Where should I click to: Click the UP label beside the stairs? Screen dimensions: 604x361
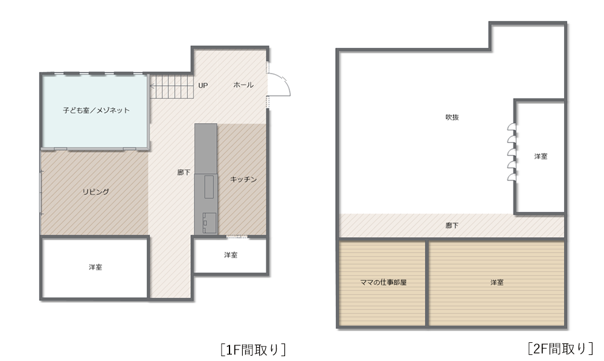point(203,86)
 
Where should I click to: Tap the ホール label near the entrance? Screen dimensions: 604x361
point(243,85)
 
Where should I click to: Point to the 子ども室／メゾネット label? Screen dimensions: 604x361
point(96,110)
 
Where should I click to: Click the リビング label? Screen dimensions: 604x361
point(96,191)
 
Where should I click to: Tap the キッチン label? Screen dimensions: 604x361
point(243,179)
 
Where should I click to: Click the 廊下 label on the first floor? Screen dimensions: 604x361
point(184,173)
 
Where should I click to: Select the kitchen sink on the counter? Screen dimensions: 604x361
point(209,187)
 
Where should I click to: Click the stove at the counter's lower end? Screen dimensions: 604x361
point(210,223)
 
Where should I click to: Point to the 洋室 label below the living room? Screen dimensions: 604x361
point(95,267)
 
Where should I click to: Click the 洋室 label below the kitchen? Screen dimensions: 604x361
point(231,255)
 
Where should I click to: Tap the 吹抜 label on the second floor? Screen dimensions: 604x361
point(452,117)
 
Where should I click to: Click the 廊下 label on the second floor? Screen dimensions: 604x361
point(452,226)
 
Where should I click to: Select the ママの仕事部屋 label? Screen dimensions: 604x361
point(384,283)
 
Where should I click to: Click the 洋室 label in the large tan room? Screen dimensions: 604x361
point(497,283)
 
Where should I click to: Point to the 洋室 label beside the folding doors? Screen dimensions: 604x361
point(541,156)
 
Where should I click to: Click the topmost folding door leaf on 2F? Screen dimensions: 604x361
point(512,127)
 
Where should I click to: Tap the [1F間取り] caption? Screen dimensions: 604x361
point(253,350)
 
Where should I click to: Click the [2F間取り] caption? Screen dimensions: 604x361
point(560,349)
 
